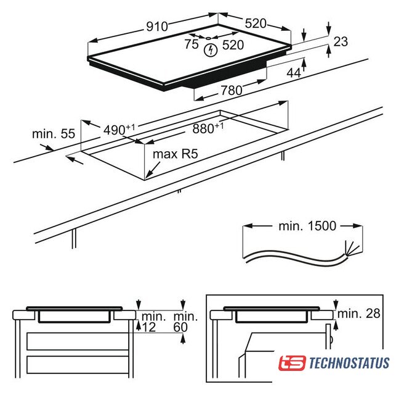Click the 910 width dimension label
tap(157, 27)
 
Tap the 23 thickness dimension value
tap(341, 42)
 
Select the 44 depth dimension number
tap(294, 73)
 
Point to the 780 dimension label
tap(232, 90)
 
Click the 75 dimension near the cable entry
tap(192, 44)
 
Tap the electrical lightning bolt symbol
tap(211, 50)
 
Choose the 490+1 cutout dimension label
tap(119, 130)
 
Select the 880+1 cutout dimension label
tap(208, 128)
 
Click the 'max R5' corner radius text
tap(176, 154)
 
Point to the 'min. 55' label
tap(54, 134)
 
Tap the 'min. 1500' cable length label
tap(307, 226)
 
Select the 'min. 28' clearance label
tap(358, 314)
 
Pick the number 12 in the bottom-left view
tap(149, 328)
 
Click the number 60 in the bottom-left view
tap(180, 327)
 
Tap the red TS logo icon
tap(292, 363)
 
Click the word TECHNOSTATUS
tap(349, 363)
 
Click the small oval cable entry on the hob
tap(209, 38)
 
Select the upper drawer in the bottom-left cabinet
tap(78, 341)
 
